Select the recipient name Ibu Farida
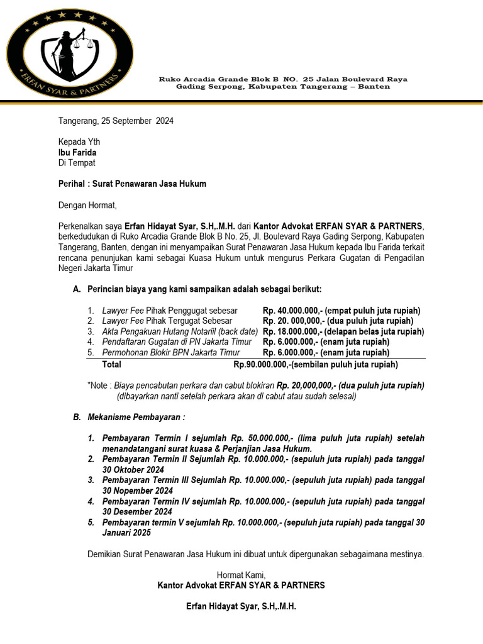click(x=77, y=152)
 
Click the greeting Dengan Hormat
click(x=87, y=205)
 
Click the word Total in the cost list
click(x=112, y=364)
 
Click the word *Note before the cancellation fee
click(x=99, y=386)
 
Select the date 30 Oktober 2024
click(x=133, y=470)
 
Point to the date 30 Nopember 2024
click(x=137, y=491)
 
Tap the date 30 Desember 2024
click(x=137, y=512)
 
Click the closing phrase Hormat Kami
click(x=241, y=575)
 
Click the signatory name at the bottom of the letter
click(x=241, y=607)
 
